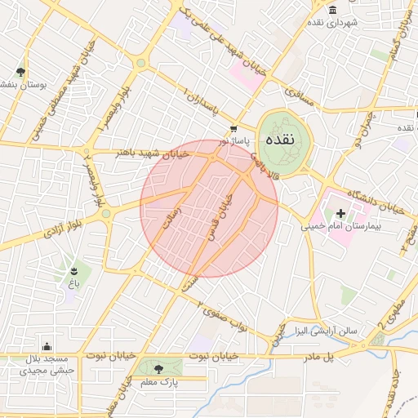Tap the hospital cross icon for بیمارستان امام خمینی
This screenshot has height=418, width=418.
click(x=340, y=213)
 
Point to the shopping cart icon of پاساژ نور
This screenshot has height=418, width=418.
click(x=234, y=128)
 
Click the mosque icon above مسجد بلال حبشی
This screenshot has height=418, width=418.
click(x=47, y=346)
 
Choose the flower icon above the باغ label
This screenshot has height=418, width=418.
click(x=73, y=269)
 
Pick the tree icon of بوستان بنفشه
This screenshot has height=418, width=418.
click(x=20, y=71)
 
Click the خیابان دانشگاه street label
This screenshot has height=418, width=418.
click(x=376, y=202)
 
